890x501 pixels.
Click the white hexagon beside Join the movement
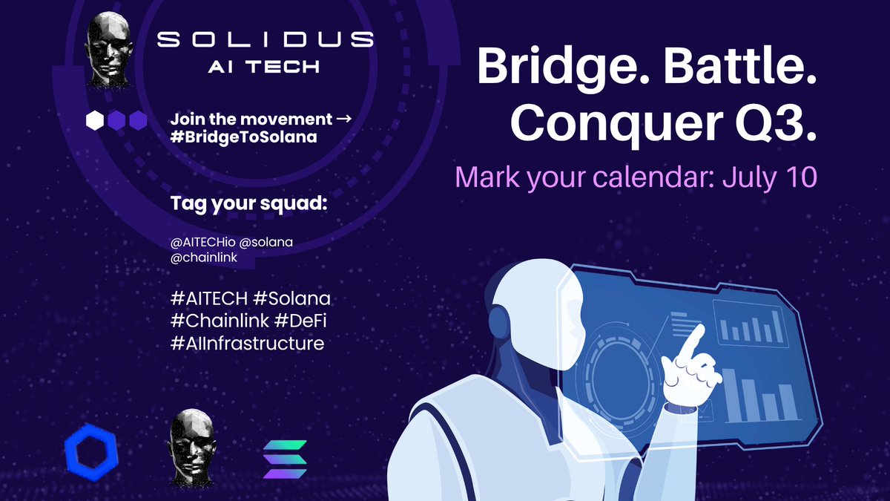[x=95, y=121]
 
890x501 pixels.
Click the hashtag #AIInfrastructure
[x=247, y=344]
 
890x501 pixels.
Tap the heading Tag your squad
[x=248, y=203]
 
